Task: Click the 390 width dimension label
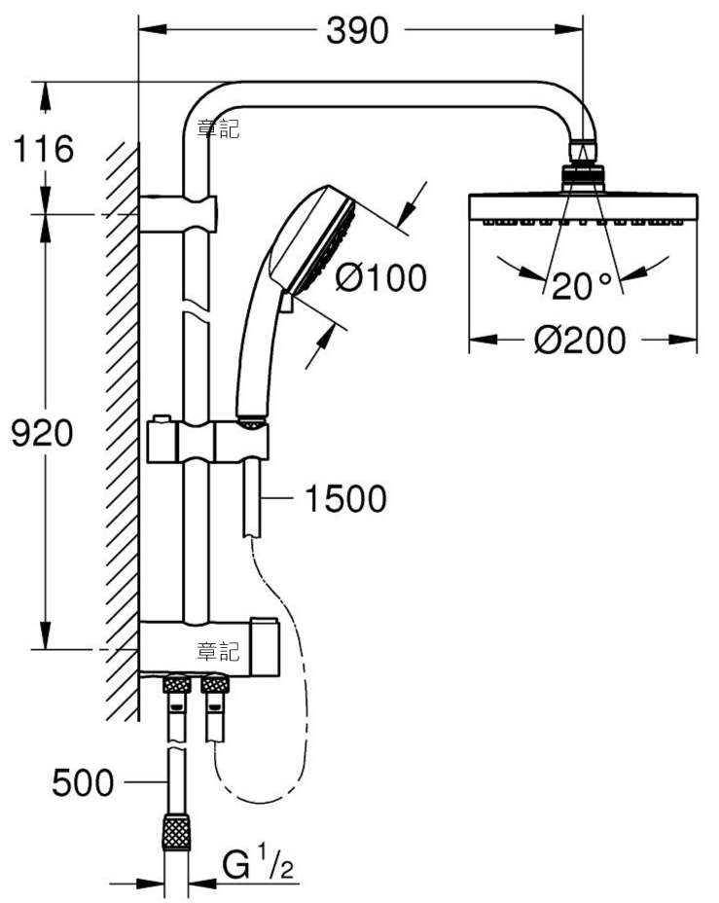pyautogui.click(x=357, y=30)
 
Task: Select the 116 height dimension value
pyautogui.click(x=43, y=149)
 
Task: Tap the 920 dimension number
pyautogui.click(x=43, y=433)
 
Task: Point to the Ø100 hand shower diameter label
pyautogui.click(x=381, y=277)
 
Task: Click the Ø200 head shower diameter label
pyautogui.click(x=580, y=340)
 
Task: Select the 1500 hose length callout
pyautogui.click(x=345, y=499)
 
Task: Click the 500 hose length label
pyautogui.click(x=83, y=782)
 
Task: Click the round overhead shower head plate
pyautogui.click(x=583, y=208)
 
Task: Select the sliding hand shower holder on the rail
pyautogui.click(x=208, y=441)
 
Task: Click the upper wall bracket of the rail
pyautogui.click(x=178, y=214)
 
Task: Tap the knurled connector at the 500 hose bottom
pyautogui.click(x=176, y=831)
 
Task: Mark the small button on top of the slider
pyautogui.click(x=162, y=418)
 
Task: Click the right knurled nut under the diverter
pyautogui.click(x=215, y=685)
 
